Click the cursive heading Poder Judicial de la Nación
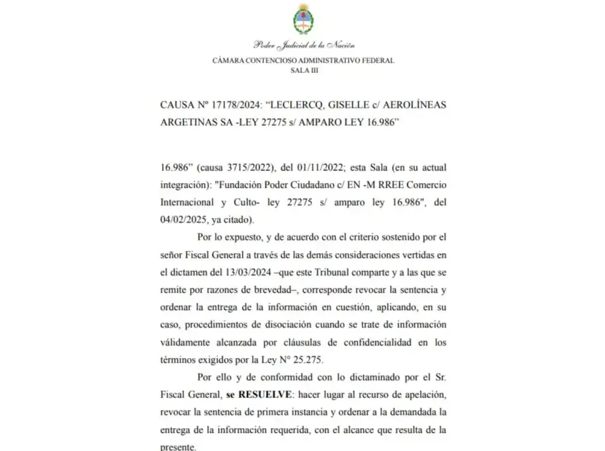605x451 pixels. pos(303,46)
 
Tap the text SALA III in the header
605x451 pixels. pos(303,69)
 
